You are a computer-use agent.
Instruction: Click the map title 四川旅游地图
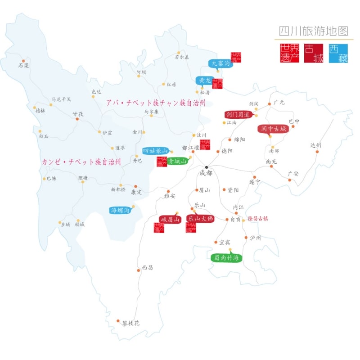point(313,31)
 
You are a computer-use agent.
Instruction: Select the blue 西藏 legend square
point(338,53)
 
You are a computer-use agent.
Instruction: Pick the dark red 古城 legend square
point(314,53)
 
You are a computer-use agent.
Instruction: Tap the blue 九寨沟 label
point(220,63)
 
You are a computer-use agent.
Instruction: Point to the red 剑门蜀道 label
point(238,115)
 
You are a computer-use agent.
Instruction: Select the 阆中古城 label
point(273,129)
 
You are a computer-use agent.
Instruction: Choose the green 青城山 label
point(177,161)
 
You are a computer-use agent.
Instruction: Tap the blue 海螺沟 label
point(120,210)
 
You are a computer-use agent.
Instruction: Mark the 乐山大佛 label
point(200,219)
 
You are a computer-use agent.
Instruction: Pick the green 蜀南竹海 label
point(226,258)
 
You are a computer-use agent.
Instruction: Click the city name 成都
point(206,173)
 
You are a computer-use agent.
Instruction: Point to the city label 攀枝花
point(131,323)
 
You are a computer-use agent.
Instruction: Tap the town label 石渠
point(23,65)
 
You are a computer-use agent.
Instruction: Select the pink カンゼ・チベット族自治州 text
point(81,162)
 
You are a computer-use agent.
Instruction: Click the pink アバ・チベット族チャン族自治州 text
point(156,103)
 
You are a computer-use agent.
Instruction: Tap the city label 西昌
point(148,267)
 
